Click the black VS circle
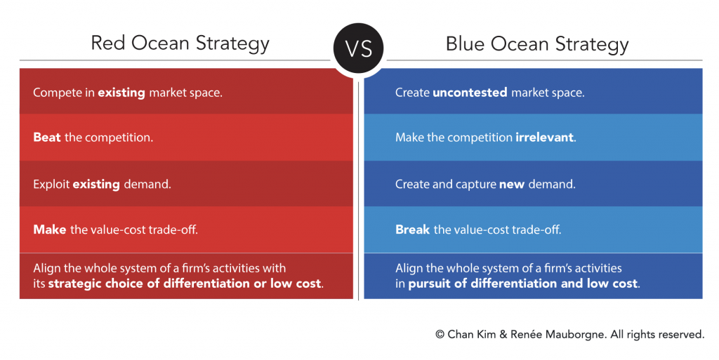(359, 48)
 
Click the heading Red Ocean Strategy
(180, 44)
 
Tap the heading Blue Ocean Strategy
(537, 44)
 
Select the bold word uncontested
(470, 93)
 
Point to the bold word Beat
(47, 138)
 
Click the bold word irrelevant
(544, 138)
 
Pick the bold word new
(512, 185)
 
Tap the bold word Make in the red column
(50, 229)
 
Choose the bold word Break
(413, 229)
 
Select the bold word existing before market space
(121, 93)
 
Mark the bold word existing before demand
(96, 185)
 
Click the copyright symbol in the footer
(440, 335)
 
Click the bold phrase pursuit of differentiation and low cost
(522, 284)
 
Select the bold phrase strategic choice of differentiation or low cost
(185, 284)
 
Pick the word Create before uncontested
(412, 93)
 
